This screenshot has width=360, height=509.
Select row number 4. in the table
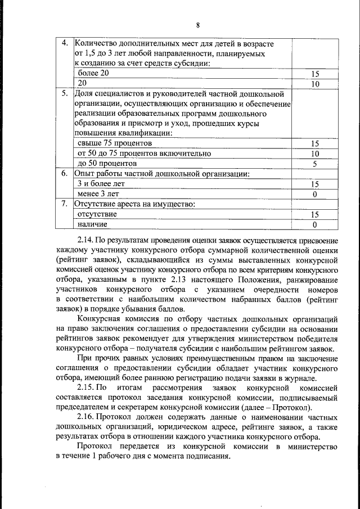[x=65, y=43]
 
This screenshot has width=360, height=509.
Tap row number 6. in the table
[x=65, y=174]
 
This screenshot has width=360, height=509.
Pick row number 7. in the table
[x=65, y=204]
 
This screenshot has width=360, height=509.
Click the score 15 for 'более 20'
[x=315, y=74]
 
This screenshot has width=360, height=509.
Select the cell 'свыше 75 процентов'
[x=107, y=143]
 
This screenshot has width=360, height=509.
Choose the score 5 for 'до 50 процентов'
[x=315, y=164]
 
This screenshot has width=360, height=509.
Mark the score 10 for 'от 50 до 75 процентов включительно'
[x=315, y=154]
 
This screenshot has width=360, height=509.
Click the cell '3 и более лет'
[x=101, y=184]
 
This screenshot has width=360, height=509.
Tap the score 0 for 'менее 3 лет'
[x=315, y=194]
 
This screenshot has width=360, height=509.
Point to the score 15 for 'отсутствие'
[x=315, y=214]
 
